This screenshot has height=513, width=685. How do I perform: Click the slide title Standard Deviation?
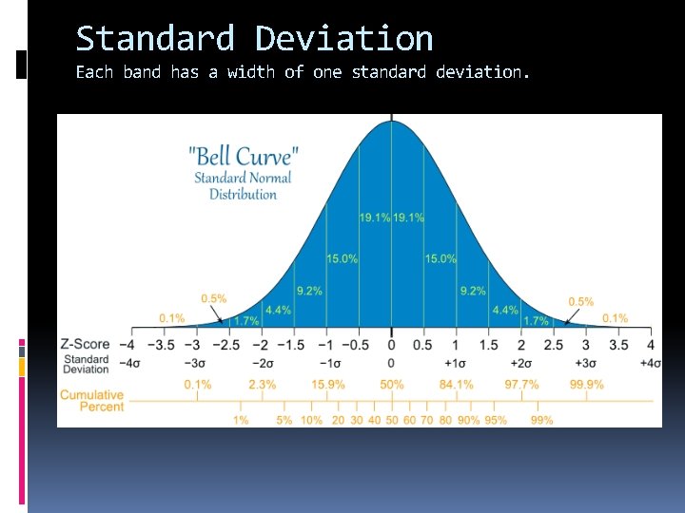point(254,39)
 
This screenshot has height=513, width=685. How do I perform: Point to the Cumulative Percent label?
point(92,400)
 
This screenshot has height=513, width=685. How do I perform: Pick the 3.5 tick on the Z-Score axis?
point(618,344)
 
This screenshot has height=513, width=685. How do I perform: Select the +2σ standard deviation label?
point(521,363)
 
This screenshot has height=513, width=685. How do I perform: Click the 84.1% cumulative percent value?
point(457,385)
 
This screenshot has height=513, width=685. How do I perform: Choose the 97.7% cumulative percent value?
point(521,385)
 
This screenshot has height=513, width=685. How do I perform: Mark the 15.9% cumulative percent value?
point(327,385)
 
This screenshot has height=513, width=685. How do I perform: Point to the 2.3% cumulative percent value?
point(262,385)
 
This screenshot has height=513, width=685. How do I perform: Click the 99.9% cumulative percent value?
point(587,385)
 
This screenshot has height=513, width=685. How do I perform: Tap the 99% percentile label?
point(542,419)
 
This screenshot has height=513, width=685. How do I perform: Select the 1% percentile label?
point(242,419)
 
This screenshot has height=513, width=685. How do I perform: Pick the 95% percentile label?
point(495,419)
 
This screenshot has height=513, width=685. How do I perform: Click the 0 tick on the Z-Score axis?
point(392,344)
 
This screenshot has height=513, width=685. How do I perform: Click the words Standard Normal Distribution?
point(244,186)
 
